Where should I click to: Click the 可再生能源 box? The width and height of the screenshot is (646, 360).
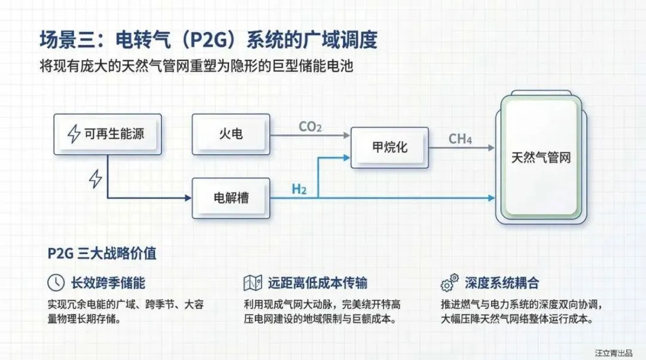(107, 134)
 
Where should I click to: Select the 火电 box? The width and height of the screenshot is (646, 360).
(231, 134)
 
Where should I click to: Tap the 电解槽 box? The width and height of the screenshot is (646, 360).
(231, 197)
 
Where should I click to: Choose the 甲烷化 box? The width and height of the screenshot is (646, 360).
(390, 147)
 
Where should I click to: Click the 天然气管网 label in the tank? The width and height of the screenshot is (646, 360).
(541, 158)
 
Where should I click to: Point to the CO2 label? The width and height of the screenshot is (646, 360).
(310, 127)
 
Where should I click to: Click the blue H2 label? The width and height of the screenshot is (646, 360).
(299, 190)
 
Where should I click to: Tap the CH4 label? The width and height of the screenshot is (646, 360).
(460, 139)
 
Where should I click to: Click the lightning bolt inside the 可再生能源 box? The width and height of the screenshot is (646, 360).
(74, 134)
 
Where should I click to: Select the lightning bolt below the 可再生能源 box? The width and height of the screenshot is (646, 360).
(95, 178)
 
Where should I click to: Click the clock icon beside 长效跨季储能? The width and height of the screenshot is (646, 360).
(56, 283)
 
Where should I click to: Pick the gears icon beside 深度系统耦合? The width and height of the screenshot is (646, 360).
(449, 282)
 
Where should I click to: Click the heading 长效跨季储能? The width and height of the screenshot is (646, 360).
(108, 283)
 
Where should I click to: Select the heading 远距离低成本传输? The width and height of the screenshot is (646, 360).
(318, 283)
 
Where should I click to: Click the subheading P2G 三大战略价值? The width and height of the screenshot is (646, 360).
(102, 253)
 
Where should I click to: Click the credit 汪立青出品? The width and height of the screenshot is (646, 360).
(614, 352)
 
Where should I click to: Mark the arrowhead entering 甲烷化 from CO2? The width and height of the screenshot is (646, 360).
(347, 136)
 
